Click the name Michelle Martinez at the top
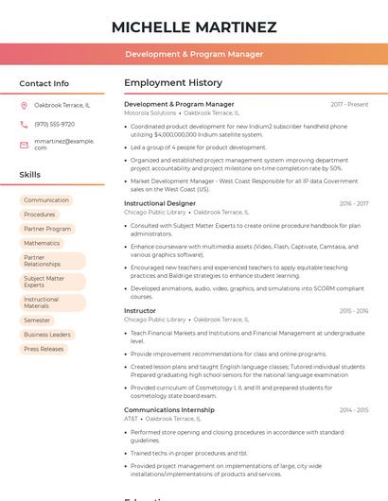click(x=194, y=27)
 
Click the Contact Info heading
click(x=44, y=83)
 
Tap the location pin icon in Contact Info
click(x=24, y=105)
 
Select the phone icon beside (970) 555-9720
click(x=24, y=124)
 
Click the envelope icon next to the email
click(x=24, y=144)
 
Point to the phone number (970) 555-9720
click(x=54, y=124)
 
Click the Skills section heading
click(x=30, y=175)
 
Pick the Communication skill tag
click(x=46, y=200)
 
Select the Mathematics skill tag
click(x=42, y=243)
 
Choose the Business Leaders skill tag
click(x=47, y=335)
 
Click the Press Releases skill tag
click(x=44, y=349)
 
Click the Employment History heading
click(x=173, y=83)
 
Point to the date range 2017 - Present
click(x=349, y=104)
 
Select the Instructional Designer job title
click(x=160, y=203)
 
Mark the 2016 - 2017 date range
click(x=354, y=203)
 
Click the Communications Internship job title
click(x=169, y=410)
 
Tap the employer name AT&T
click(x=131, y=419)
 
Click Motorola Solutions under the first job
click(x=150, y=112)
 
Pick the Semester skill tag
click(x=37, y=320)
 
